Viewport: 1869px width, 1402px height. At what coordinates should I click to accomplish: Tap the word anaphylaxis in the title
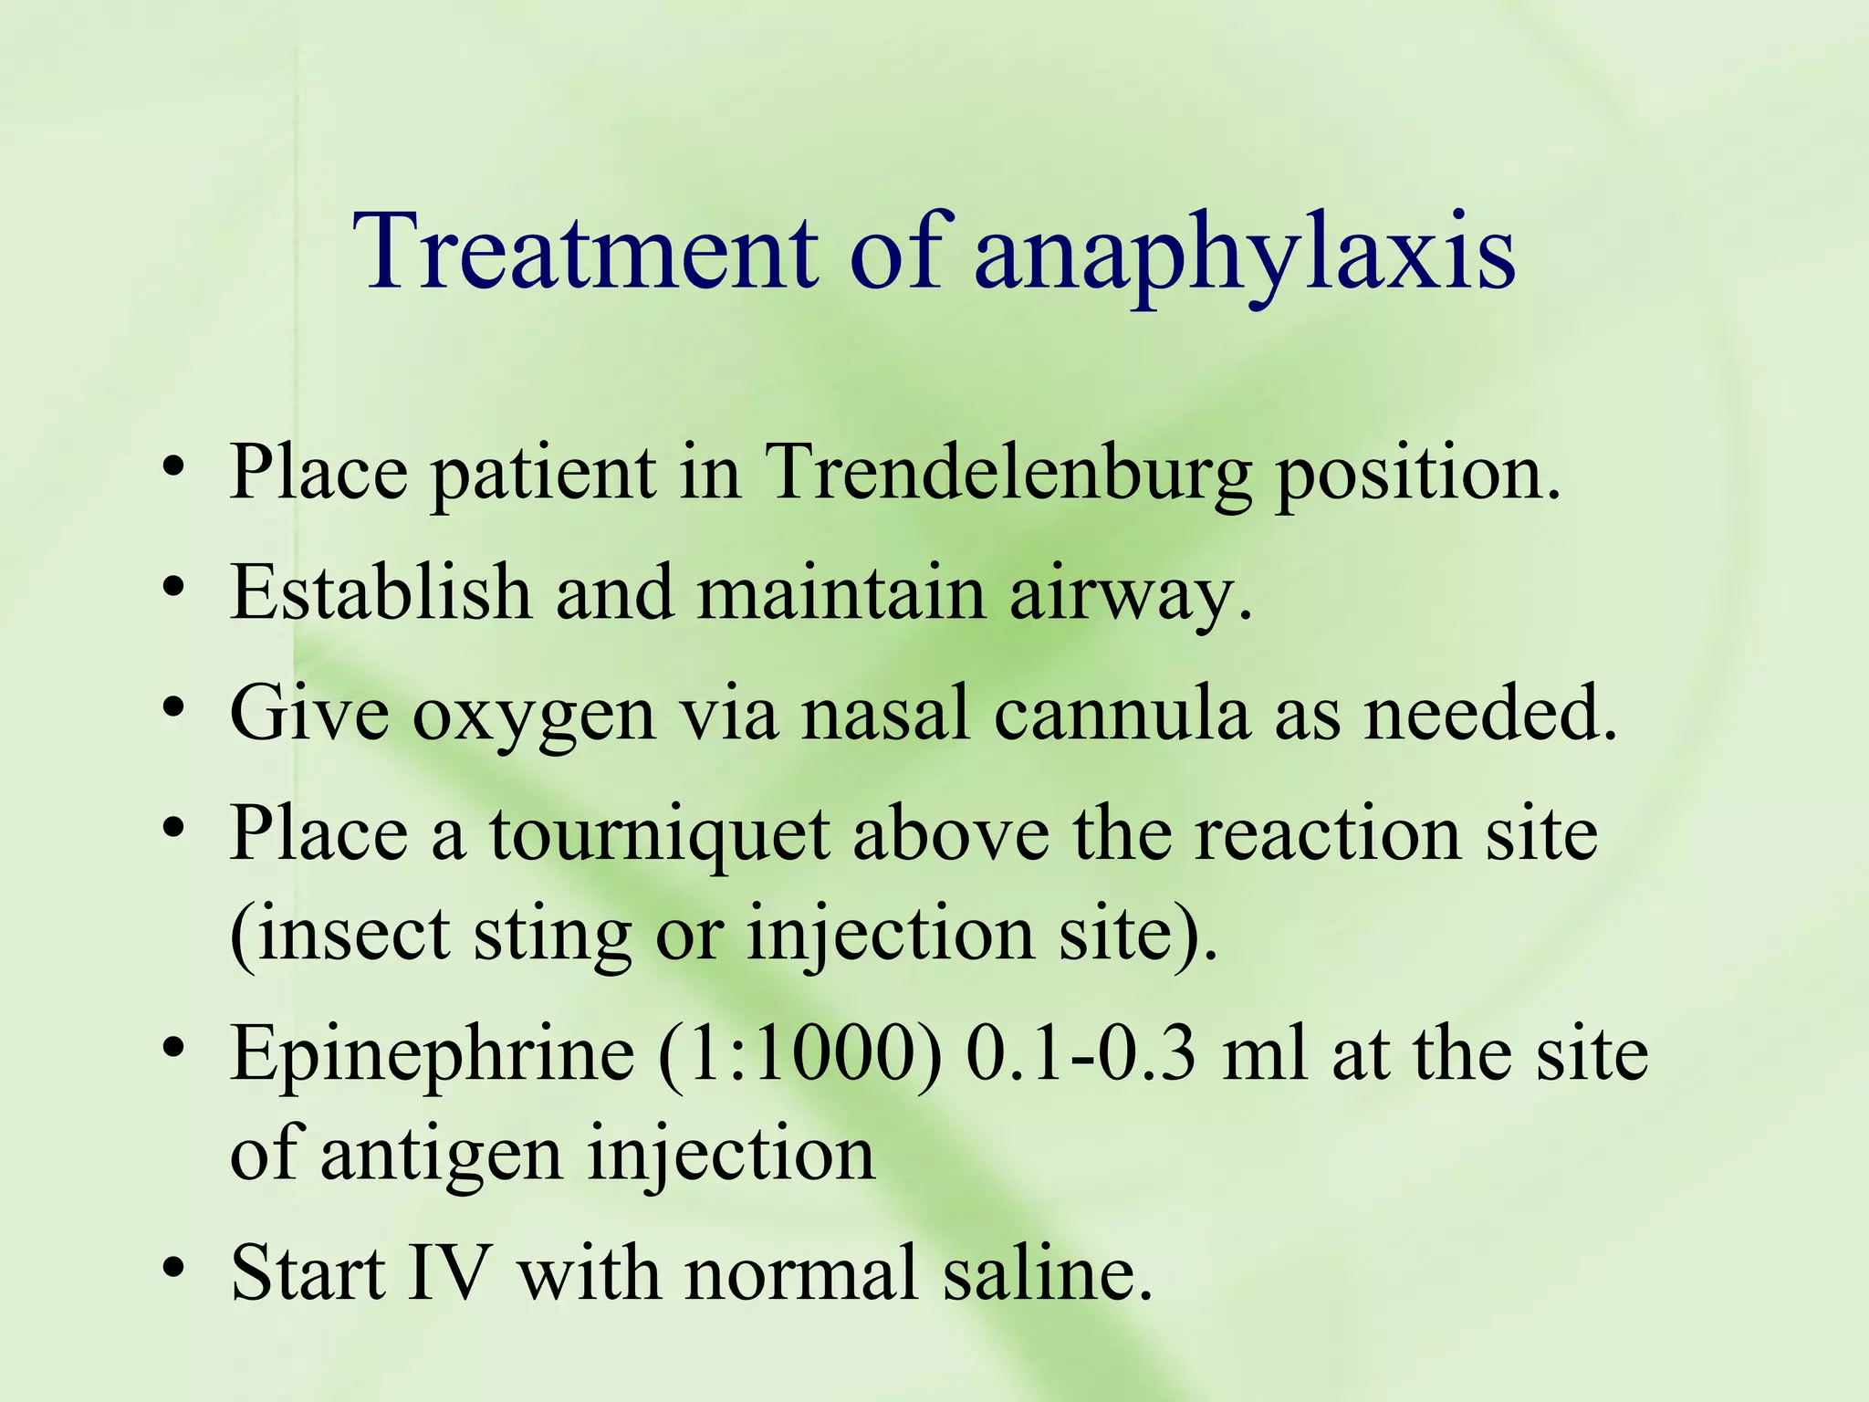1245,256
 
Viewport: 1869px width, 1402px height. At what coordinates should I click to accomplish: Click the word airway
1132,593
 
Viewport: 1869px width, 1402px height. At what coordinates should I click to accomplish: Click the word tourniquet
659,836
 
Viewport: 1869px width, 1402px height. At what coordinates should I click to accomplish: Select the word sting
552,938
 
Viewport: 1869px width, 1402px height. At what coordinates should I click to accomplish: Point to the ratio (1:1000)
799,1054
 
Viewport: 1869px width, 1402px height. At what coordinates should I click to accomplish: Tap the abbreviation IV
448,1272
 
